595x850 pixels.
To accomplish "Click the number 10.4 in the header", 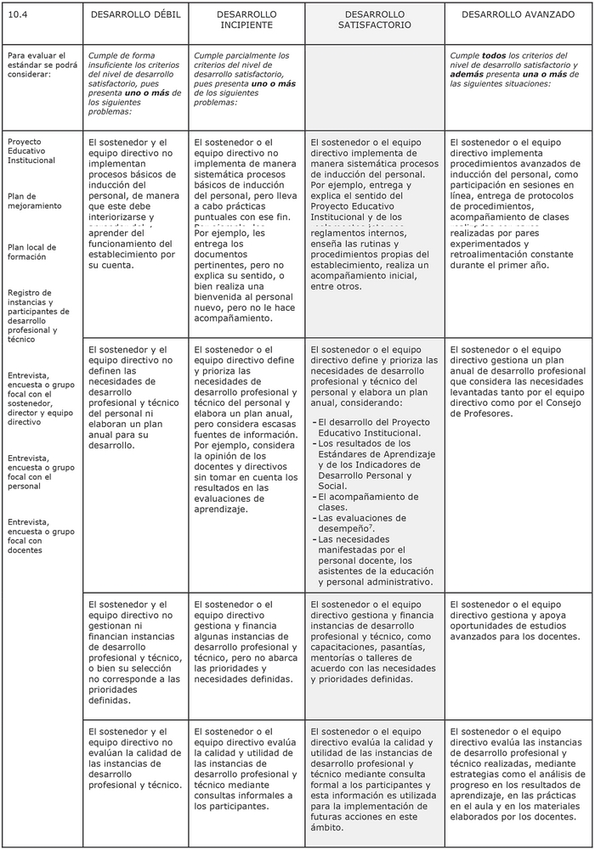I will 16,15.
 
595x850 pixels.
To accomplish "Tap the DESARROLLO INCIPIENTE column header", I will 246,20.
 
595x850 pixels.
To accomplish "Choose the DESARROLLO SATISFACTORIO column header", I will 374,20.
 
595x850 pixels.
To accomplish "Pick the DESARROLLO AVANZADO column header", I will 518,15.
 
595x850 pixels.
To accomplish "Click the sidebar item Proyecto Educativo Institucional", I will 31,151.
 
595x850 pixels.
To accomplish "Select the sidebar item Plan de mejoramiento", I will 35,201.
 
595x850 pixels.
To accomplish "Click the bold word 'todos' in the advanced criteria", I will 494,55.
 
